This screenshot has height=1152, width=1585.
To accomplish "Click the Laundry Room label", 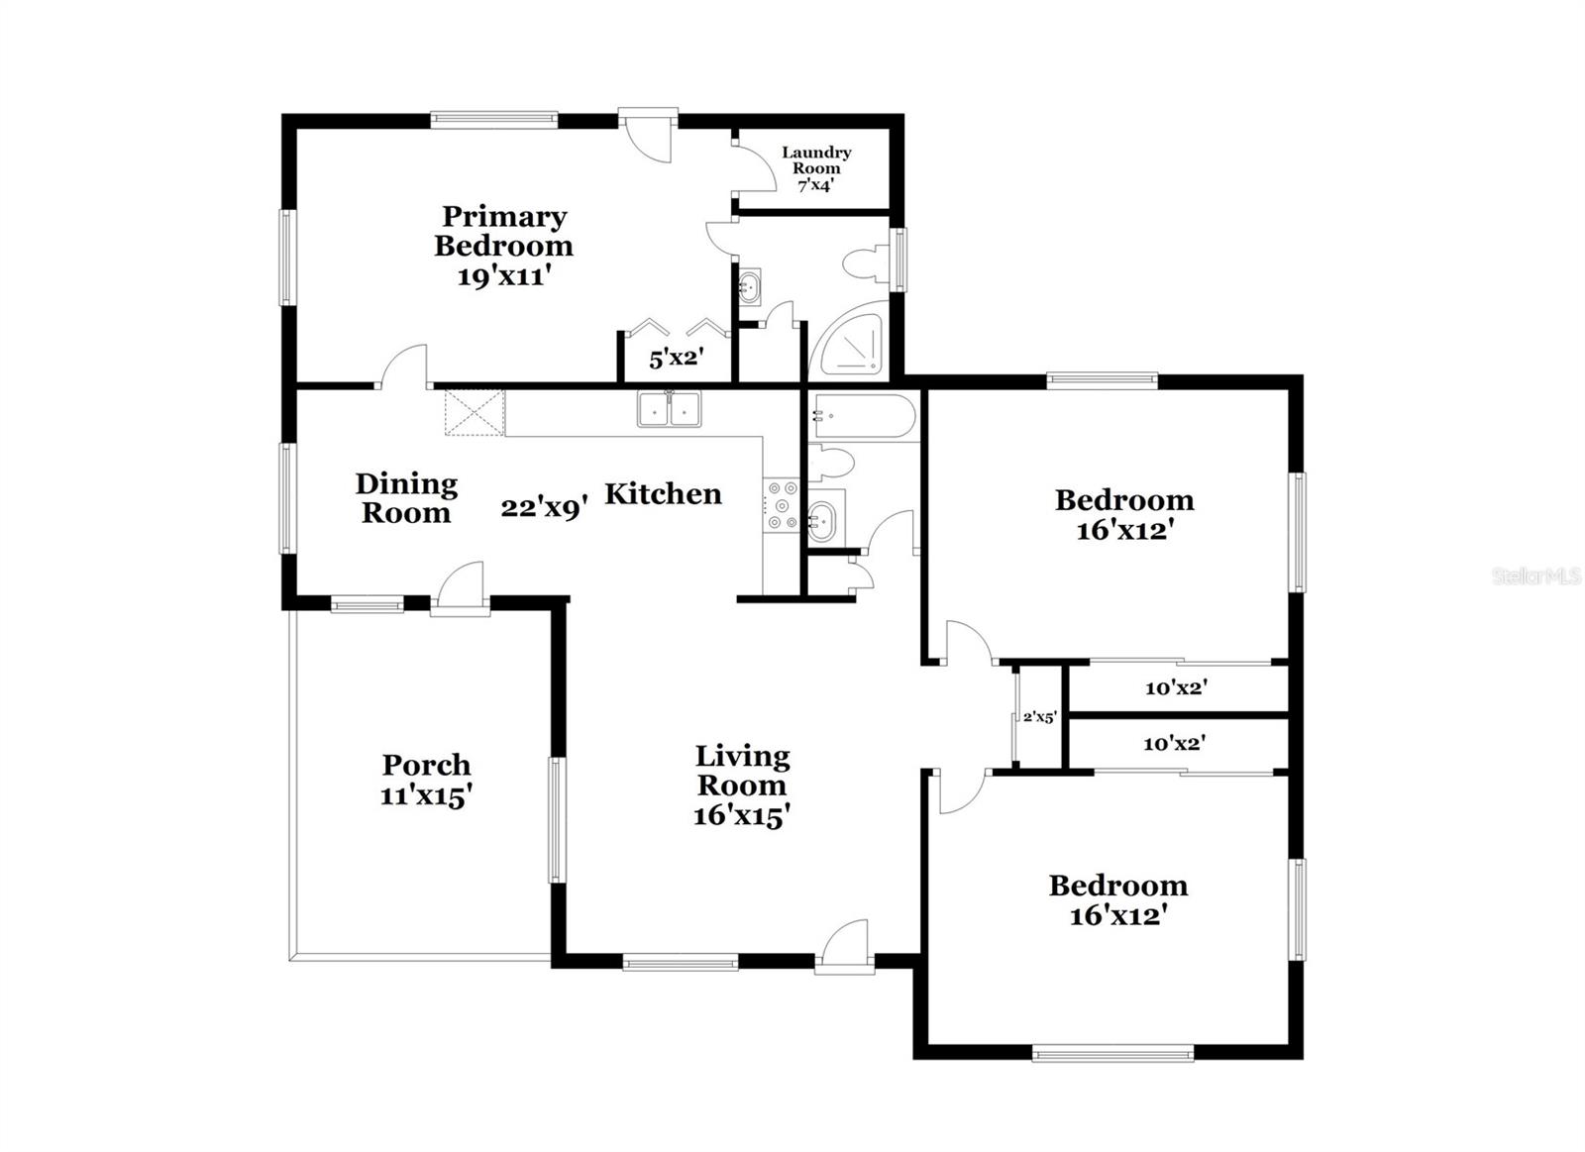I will pos(816,160).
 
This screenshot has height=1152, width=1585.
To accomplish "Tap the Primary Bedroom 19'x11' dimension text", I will pos(503,276).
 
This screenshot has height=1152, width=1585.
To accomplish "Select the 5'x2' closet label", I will pos(676,359).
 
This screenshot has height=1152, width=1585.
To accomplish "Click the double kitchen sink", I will pos(670,409).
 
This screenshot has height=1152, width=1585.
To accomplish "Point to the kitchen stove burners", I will pos(782,504).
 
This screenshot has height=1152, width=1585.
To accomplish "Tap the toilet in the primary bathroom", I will pos(864,263).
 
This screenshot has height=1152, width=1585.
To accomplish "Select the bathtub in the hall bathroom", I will pos(863,417).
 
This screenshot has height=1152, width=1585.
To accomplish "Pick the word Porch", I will pos(426,765).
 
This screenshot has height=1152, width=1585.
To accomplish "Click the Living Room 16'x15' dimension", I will pos(741,815).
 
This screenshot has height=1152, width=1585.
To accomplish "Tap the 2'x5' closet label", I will pos(1038,716).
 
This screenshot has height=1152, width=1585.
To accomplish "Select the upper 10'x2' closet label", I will pos(1176,687).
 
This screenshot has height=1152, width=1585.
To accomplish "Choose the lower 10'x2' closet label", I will pos(1174,743).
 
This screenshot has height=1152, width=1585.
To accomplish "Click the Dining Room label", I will pos(406,498).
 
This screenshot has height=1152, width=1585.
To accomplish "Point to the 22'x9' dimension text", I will pos(545,508).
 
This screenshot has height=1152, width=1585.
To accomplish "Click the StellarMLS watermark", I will pos(1536,576).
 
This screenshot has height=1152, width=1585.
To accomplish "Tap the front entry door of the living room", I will pos(845,946).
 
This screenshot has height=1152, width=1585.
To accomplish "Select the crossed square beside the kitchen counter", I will pos(475,412).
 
